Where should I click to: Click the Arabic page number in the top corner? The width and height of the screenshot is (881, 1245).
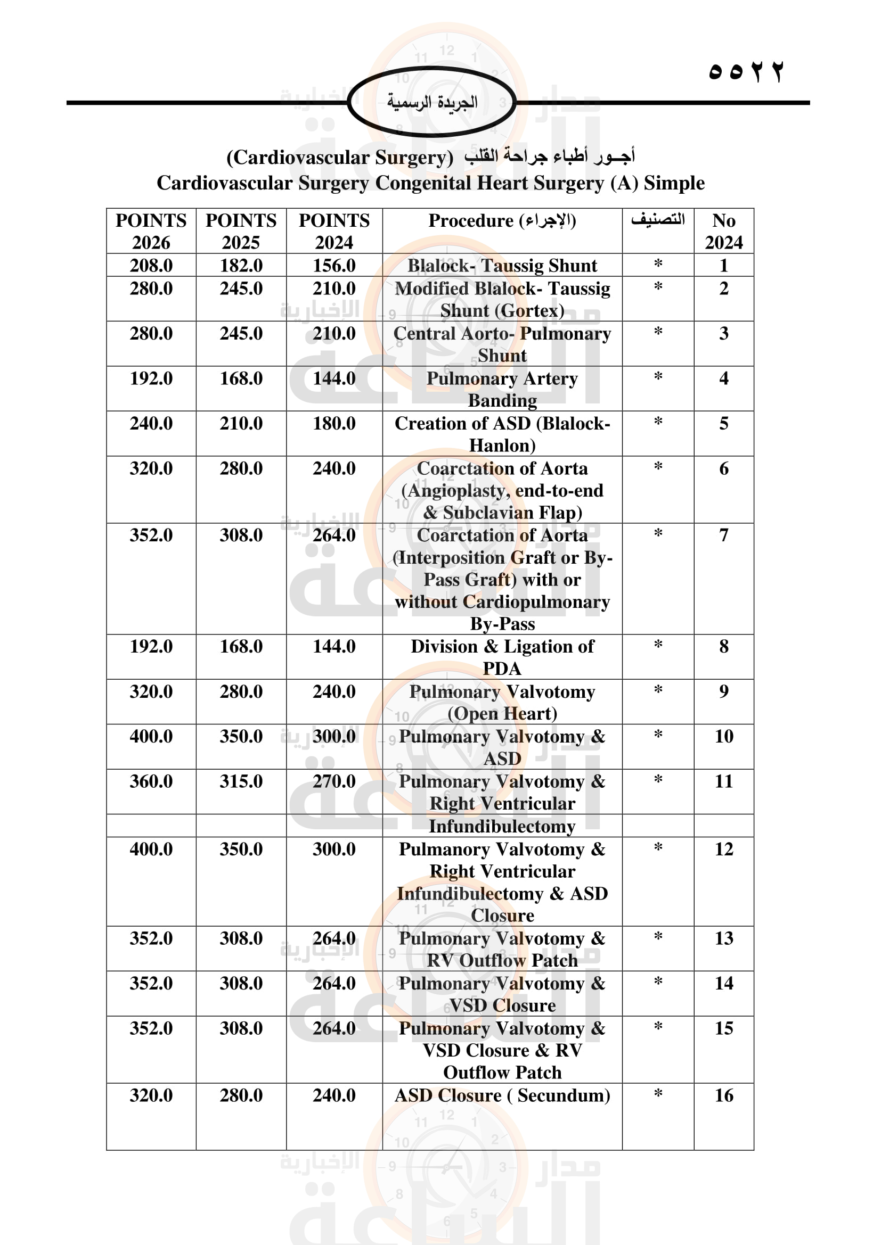tap(746, 71)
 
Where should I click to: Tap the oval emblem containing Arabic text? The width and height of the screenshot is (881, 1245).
tap(432, 102)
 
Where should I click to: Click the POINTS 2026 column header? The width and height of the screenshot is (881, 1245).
tap(151, 231)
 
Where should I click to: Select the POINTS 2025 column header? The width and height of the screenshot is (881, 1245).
tap(241, 231)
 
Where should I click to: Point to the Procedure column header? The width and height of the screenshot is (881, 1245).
tap(502, 221)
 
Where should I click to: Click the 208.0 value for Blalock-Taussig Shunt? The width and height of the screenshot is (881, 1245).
tap(151, 265)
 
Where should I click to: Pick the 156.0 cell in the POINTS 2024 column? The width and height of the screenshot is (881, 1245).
tap(333, 265)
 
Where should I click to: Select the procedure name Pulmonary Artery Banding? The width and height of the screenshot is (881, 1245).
tap(502, 389)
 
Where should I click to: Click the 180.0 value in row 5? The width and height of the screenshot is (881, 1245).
tap(333, 423)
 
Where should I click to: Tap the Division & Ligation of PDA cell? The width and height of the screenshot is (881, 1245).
tap(502, 657)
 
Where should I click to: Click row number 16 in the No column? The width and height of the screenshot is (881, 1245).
tap(723, 1095)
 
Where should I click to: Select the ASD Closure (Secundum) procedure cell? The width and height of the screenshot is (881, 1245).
tap(502, 1095)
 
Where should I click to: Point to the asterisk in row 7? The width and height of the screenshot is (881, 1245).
tap(657, 534)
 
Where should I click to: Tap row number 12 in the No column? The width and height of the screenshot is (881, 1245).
tap(723, 848)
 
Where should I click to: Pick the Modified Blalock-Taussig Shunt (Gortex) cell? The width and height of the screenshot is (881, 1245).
tap(502, 299)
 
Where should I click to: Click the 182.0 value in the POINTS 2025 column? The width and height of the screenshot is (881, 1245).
tap(241, 265)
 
